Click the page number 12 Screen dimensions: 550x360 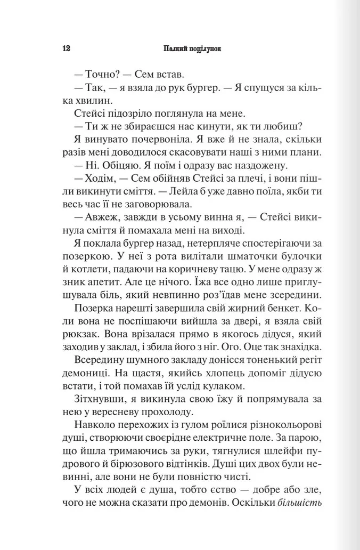click(x=67, y=47)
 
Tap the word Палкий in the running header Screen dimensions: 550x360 click(x=174, y=47)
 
